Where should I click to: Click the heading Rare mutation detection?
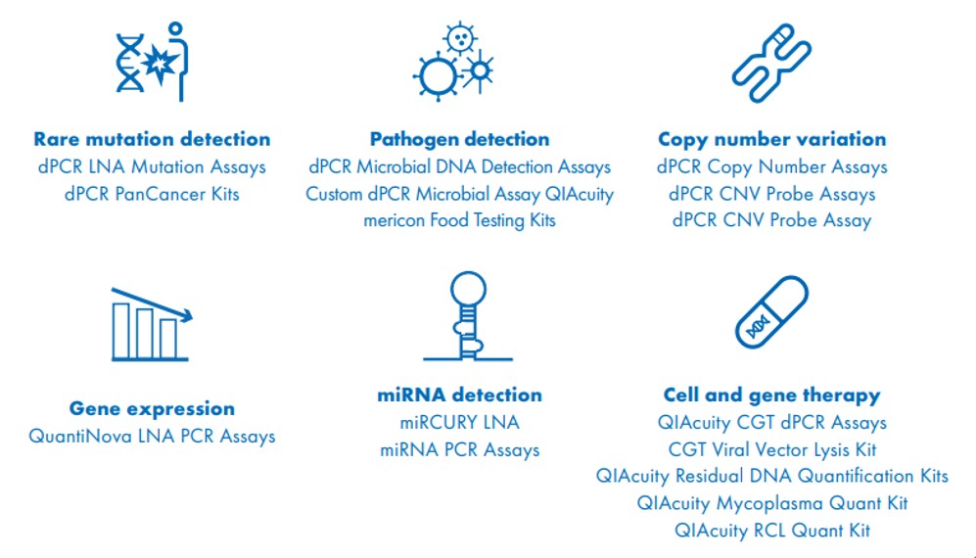(x=152, y=139)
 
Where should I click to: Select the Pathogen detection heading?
(x=459, y=139)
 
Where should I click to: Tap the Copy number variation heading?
(x=771, y=139)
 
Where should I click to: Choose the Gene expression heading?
(x=152, y=408)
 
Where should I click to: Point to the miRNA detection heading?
(x=459, y=395)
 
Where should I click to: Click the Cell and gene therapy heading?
(x=771, y=395)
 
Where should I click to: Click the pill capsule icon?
(x=771, y=312)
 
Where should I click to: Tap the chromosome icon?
(x=771, y=63)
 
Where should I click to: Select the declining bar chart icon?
(x=152, y=324)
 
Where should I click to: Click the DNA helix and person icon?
(x=152, y=62)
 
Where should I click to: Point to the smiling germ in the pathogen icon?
(x=460, y=39)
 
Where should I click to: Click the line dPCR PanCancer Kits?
(x=152, y=194)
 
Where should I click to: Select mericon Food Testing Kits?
(x=459, y=220)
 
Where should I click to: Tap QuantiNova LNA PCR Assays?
(x=152, y=436)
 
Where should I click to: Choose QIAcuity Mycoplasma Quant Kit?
(x=771, y=503)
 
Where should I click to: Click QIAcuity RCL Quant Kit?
(x=771, y=531)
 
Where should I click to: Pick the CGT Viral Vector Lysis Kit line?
(x=771, y=449)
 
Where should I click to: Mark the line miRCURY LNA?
(x=459, y=422)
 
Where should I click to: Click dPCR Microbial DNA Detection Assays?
(x=459, y=166)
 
